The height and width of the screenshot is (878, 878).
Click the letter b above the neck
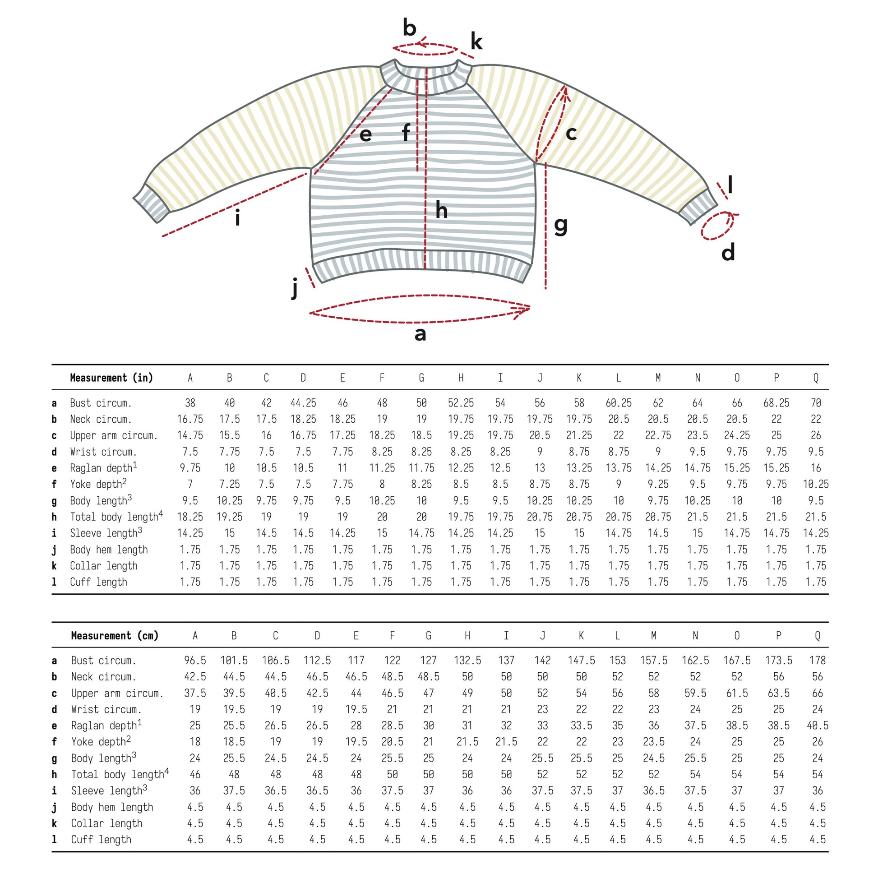410,28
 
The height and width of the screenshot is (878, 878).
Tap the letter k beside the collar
476,42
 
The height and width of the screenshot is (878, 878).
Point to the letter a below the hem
421,334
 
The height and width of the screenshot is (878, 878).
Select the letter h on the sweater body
441,210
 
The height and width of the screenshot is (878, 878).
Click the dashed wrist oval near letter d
717,226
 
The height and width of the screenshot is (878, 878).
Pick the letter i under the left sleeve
237,218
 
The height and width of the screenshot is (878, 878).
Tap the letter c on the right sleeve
571,134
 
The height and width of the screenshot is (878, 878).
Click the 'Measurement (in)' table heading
111,378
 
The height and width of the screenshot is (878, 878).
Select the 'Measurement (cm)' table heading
115,635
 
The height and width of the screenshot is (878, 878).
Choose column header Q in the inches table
816,378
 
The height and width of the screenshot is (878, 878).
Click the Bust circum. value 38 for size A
190,403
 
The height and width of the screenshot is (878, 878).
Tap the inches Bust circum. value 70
816,403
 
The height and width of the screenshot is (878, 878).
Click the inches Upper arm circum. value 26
816,435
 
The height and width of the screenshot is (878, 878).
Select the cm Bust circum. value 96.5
195,661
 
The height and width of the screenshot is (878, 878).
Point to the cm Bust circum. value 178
817,661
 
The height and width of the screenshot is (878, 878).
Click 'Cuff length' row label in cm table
101,840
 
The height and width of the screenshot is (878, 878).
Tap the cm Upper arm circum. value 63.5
778,693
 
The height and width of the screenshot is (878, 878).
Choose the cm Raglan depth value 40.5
817,726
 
